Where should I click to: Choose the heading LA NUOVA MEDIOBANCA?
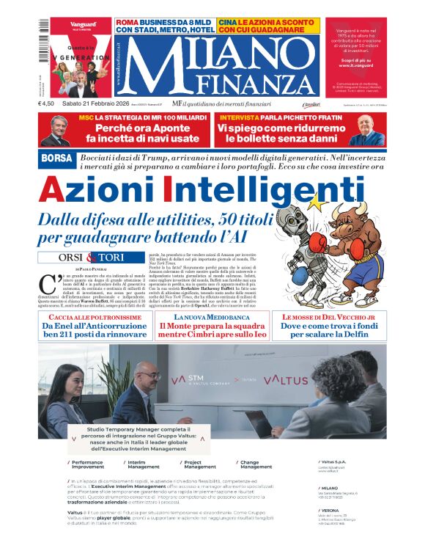pos(212,315)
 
